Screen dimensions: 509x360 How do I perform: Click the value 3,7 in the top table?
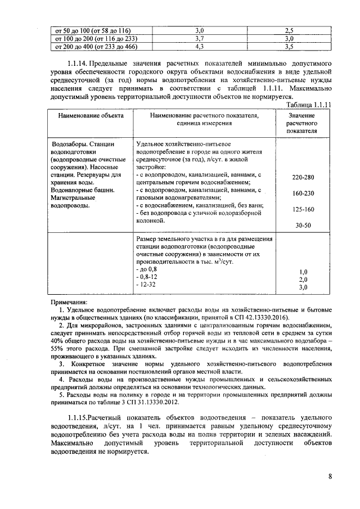[x=199, y=39]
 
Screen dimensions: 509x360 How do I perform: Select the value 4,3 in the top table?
[x=199, y=47]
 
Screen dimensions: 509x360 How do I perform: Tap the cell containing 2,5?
[x=289, y=30]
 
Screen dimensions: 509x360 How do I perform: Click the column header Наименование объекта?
[x=89, y=116]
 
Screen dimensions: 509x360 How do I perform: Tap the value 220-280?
[x=303, y=177]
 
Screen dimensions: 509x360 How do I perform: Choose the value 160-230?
[x=303, y=193]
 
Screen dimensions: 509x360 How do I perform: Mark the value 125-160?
[x=303, y=209]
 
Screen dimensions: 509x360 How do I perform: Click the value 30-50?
[x=303, y=225]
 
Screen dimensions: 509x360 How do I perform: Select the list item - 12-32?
[x=146, y=286]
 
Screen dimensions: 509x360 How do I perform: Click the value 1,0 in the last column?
[x=303, y=271]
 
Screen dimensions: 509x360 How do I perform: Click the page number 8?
[x=330, y=477]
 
